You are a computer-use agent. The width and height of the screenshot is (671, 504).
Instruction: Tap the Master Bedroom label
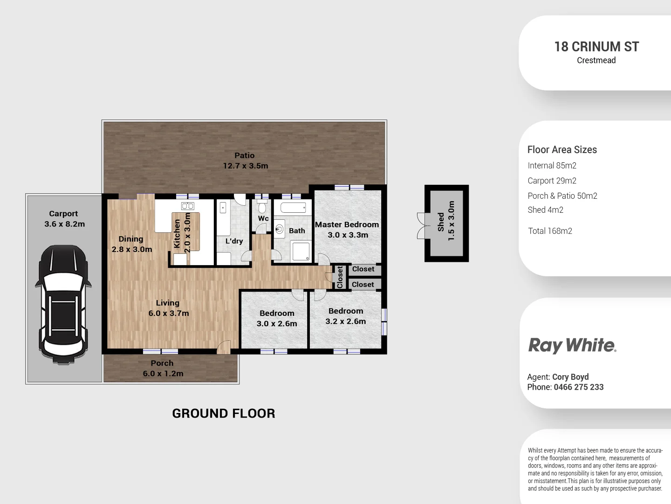[347, 224]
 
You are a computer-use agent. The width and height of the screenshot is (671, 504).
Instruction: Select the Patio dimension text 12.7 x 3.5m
[245, 166]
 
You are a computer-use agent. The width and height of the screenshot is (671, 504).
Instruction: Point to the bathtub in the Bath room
[293, 208]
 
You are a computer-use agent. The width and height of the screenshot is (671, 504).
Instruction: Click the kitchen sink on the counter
[187, 206]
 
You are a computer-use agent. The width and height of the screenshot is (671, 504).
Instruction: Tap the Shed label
[441, 222]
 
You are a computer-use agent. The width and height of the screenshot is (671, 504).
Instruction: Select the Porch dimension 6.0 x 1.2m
[163, 373]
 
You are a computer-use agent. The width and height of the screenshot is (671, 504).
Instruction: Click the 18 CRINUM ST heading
[596, 47]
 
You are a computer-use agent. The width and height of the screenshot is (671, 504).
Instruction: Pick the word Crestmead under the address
[596, 60]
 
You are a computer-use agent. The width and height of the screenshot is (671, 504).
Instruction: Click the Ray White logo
[572, 345]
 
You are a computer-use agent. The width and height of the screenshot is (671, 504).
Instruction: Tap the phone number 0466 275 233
[578, 387]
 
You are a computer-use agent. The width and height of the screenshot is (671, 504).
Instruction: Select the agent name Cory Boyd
[570, 377]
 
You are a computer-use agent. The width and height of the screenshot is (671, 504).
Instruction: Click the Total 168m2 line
[550, 231]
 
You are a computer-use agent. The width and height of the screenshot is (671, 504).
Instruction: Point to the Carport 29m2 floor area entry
[552, 181]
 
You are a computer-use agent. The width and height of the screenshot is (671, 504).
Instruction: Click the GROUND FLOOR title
[224, 413]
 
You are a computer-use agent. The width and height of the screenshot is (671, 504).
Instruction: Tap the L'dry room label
[234, 241]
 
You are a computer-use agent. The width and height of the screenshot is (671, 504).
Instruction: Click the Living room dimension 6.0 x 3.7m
[169, 313]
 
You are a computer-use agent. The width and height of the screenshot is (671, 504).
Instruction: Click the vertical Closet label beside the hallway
[340, 277]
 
